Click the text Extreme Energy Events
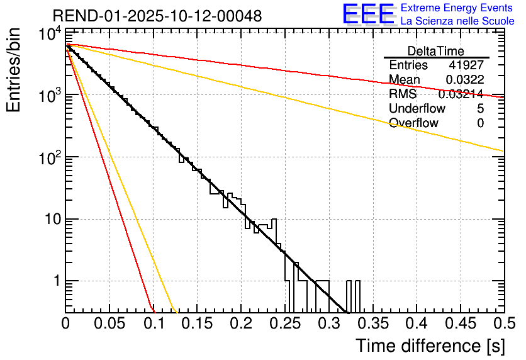(x=456, y=8)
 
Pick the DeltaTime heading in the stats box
(x=435, y=51)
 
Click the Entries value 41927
(x=466, y=65)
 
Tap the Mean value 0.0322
(x=464, y=80)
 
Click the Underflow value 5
(x=480, y=109)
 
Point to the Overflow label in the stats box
(x=413, y=123)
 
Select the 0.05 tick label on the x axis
(x=109, y=324)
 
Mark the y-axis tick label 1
(x=55, y=281)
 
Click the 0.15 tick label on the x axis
(x=197, y=324)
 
